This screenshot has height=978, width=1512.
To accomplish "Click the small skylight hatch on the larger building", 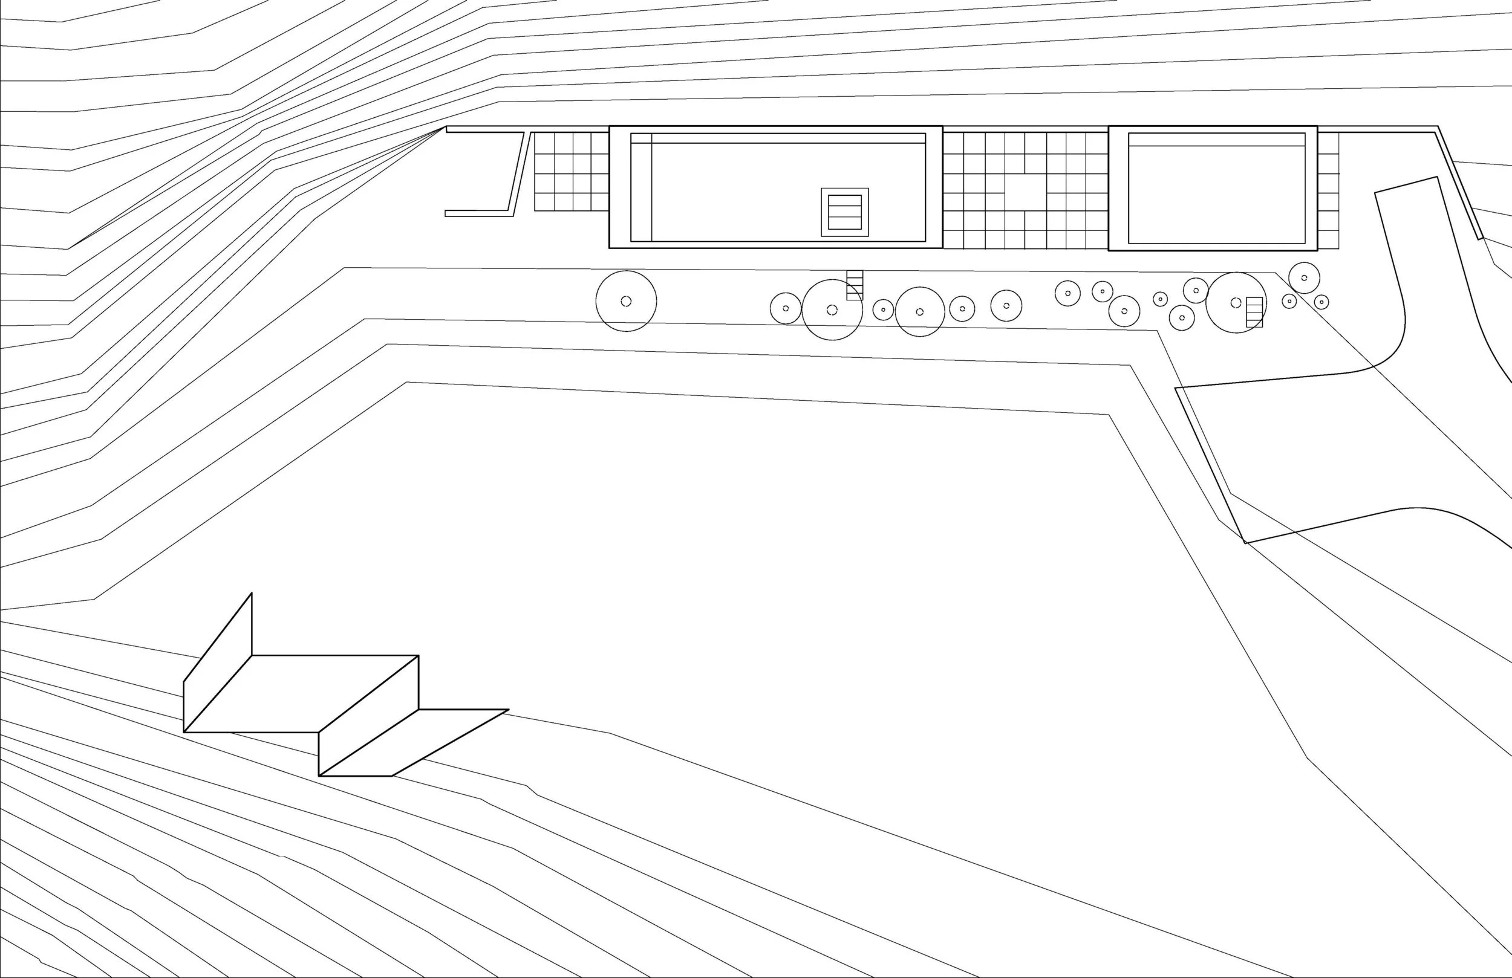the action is [x=844, y=212].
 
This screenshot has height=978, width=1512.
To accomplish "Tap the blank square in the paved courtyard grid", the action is [x=1025, y=192].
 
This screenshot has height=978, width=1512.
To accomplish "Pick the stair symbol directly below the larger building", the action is [x=855, y=285].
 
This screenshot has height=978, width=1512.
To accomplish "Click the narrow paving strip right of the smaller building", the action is [x=1328, y=190].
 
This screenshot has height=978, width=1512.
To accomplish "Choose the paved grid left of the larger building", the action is [x=571, y=172].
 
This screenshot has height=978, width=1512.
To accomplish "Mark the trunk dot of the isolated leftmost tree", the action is [x=626, y=301].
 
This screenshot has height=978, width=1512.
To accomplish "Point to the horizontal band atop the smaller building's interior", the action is [x=1216, y=140].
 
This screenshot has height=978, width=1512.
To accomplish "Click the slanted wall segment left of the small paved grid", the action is [x=518, y=172].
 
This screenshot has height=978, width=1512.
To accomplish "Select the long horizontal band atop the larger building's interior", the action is [x=788, y=138].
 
